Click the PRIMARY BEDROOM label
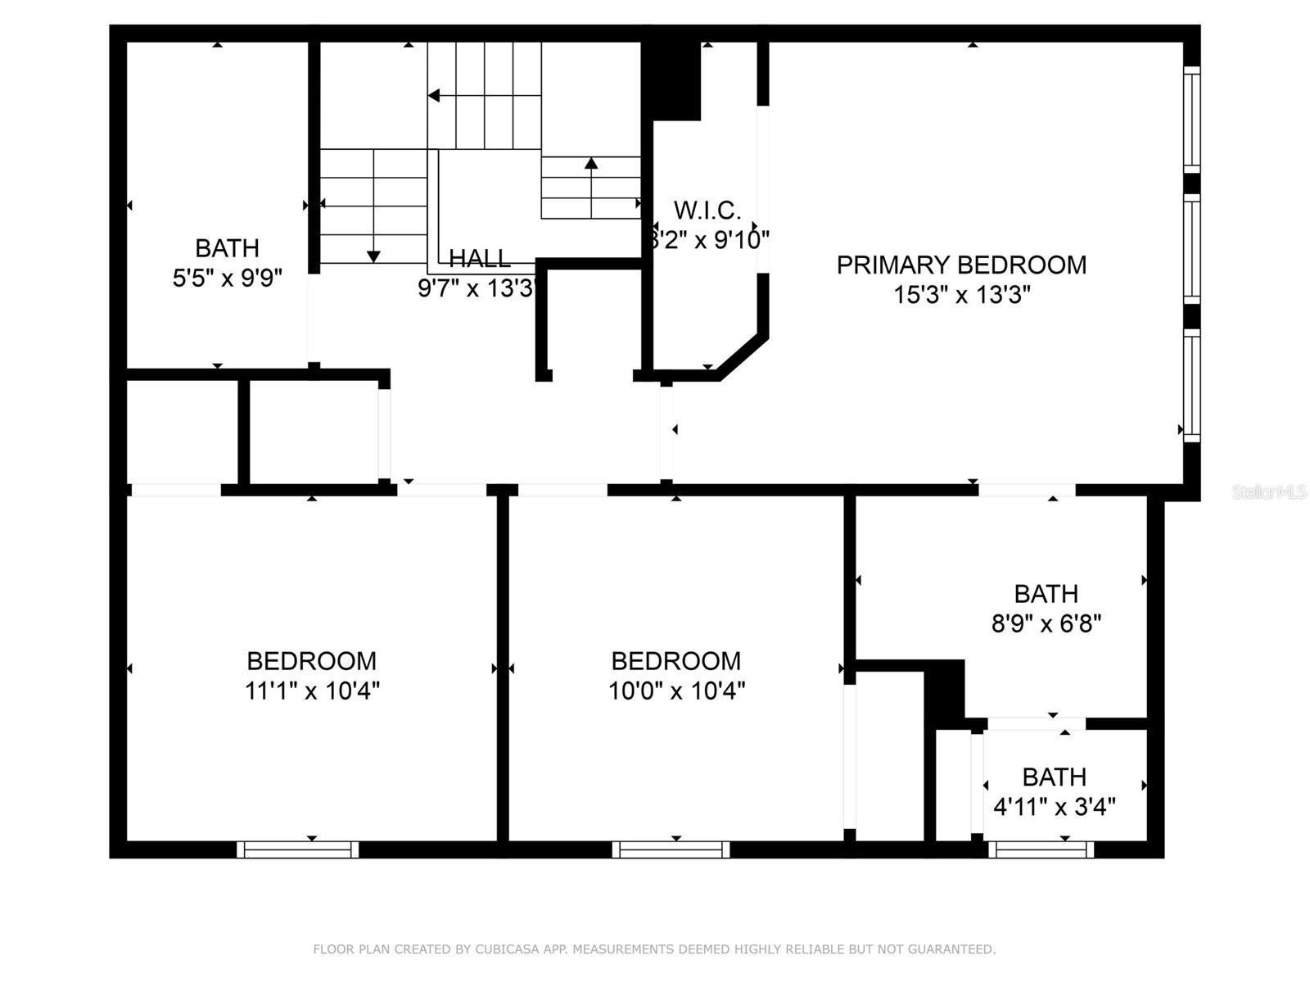pyautogui.click(x=961, y=265)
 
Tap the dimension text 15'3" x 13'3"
pyautogui.click(x=961, y=294)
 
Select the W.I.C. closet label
pyautogui.click(x=707, y=211)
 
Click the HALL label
pyautogui.click(x=480, y=259)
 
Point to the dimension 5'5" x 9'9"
pyautogui.click(x=227, y=279)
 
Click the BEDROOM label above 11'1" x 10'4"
pyautogui.click(x=311, y=661)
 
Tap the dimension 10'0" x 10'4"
pyautogui.click(x=676, y=691)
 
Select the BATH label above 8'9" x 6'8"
pyautogui.click(x=1046, y=594)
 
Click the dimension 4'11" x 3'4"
pyautogui.click(x=1054, y=808)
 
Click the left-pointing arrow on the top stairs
pyautogui.click(x=435, y=96)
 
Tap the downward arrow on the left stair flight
pyautogui.click(x=373, y=256)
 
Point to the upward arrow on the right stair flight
pyautogui.click(x=591, y=163)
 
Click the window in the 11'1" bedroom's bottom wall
pyautogui.click(x=298, y=850)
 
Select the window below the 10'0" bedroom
pyautogui.click(x=671, y=850)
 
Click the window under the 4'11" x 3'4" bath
pyautogui.click(x=1041, y=850)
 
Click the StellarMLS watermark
pyautogui.click(x=1269, y=492)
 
